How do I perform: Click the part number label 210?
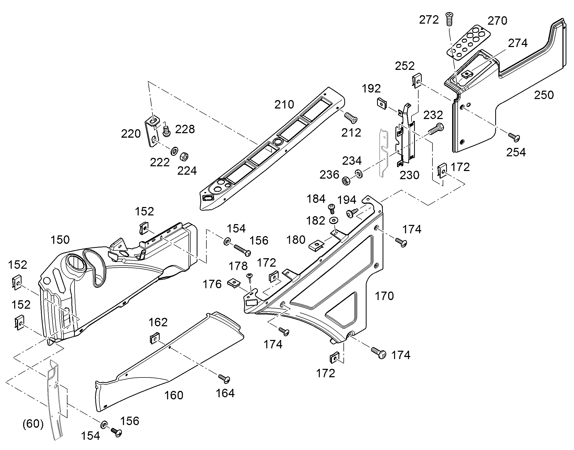[284, 105]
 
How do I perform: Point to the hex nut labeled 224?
[184, 157]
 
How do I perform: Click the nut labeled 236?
[346, 181]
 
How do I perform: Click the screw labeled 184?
[331, 209]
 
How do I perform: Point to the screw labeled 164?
[224, 379]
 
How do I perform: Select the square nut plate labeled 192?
[381, 103]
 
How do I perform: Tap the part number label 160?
[174, 395]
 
